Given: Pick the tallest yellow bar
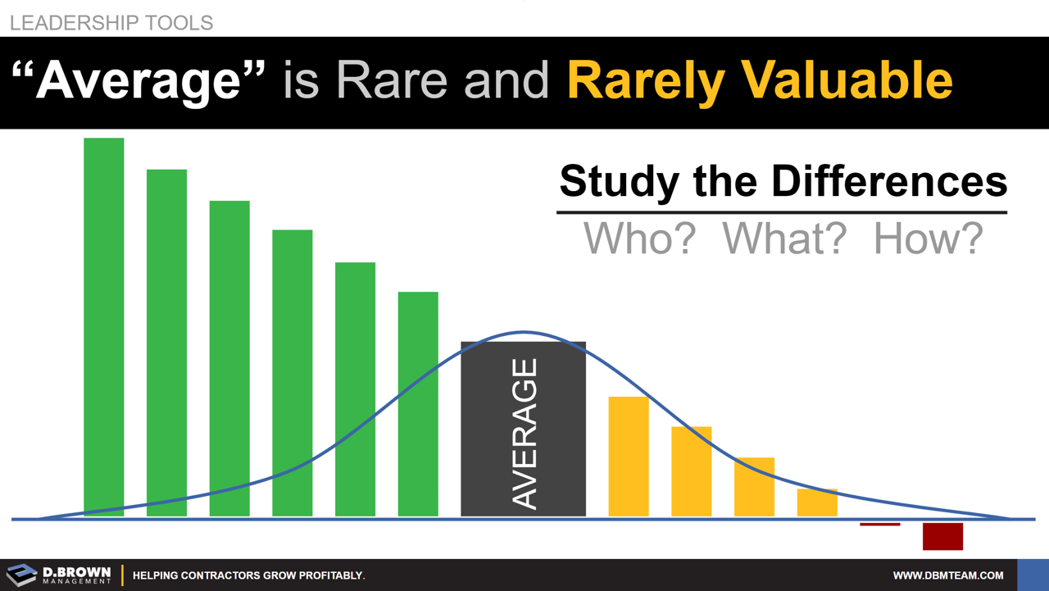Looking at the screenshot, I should coord(629,456).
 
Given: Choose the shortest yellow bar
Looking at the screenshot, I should coord(817,502).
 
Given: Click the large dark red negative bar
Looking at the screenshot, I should coord(942,536).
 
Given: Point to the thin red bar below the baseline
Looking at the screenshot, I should coord(880,524).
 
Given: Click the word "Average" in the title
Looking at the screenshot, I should coord(151,80).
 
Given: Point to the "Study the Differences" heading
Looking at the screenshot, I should coord(783,181).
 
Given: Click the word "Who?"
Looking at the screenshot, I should coord(639,239).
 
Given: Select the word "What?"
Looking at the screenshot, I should coord(784,239).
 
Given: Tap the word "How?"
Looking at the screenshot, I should coord(928,239).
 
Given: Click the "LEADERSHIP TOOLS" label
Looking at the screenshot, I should coord(111,22).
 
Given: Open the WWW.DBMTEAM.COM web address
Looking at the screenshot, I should coord(947,575).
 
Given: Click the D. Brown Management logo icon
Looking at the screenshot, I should coord(22,575).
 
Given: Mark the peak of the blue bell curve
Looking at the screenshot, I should coord(523,332).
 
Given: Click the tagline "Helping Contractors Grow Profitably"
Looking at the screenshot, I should coord(248,575).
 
